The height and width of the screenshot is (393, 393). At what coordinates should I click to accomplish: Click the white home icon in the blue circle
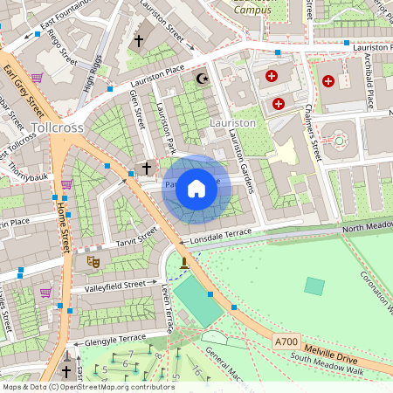pos(196,189)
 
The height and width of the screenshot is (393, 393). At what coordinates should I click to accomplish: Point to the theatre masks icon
pos(93,260)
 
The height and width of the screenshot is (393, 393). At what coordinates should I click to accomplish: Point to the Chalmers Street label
pos(310,134)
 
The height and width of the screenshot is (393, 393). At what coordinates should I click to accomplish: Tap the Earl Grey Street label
pos(24,92)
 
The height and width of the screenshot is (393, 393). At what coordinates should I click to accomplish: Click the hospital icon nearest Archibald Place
pos(328,81)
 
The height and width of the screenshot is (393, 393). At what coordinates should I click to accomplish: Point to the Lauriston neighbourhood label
pos(233,123)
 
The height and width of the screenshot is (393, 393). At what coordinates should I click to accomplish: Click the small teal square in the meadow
pos(314,286)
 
